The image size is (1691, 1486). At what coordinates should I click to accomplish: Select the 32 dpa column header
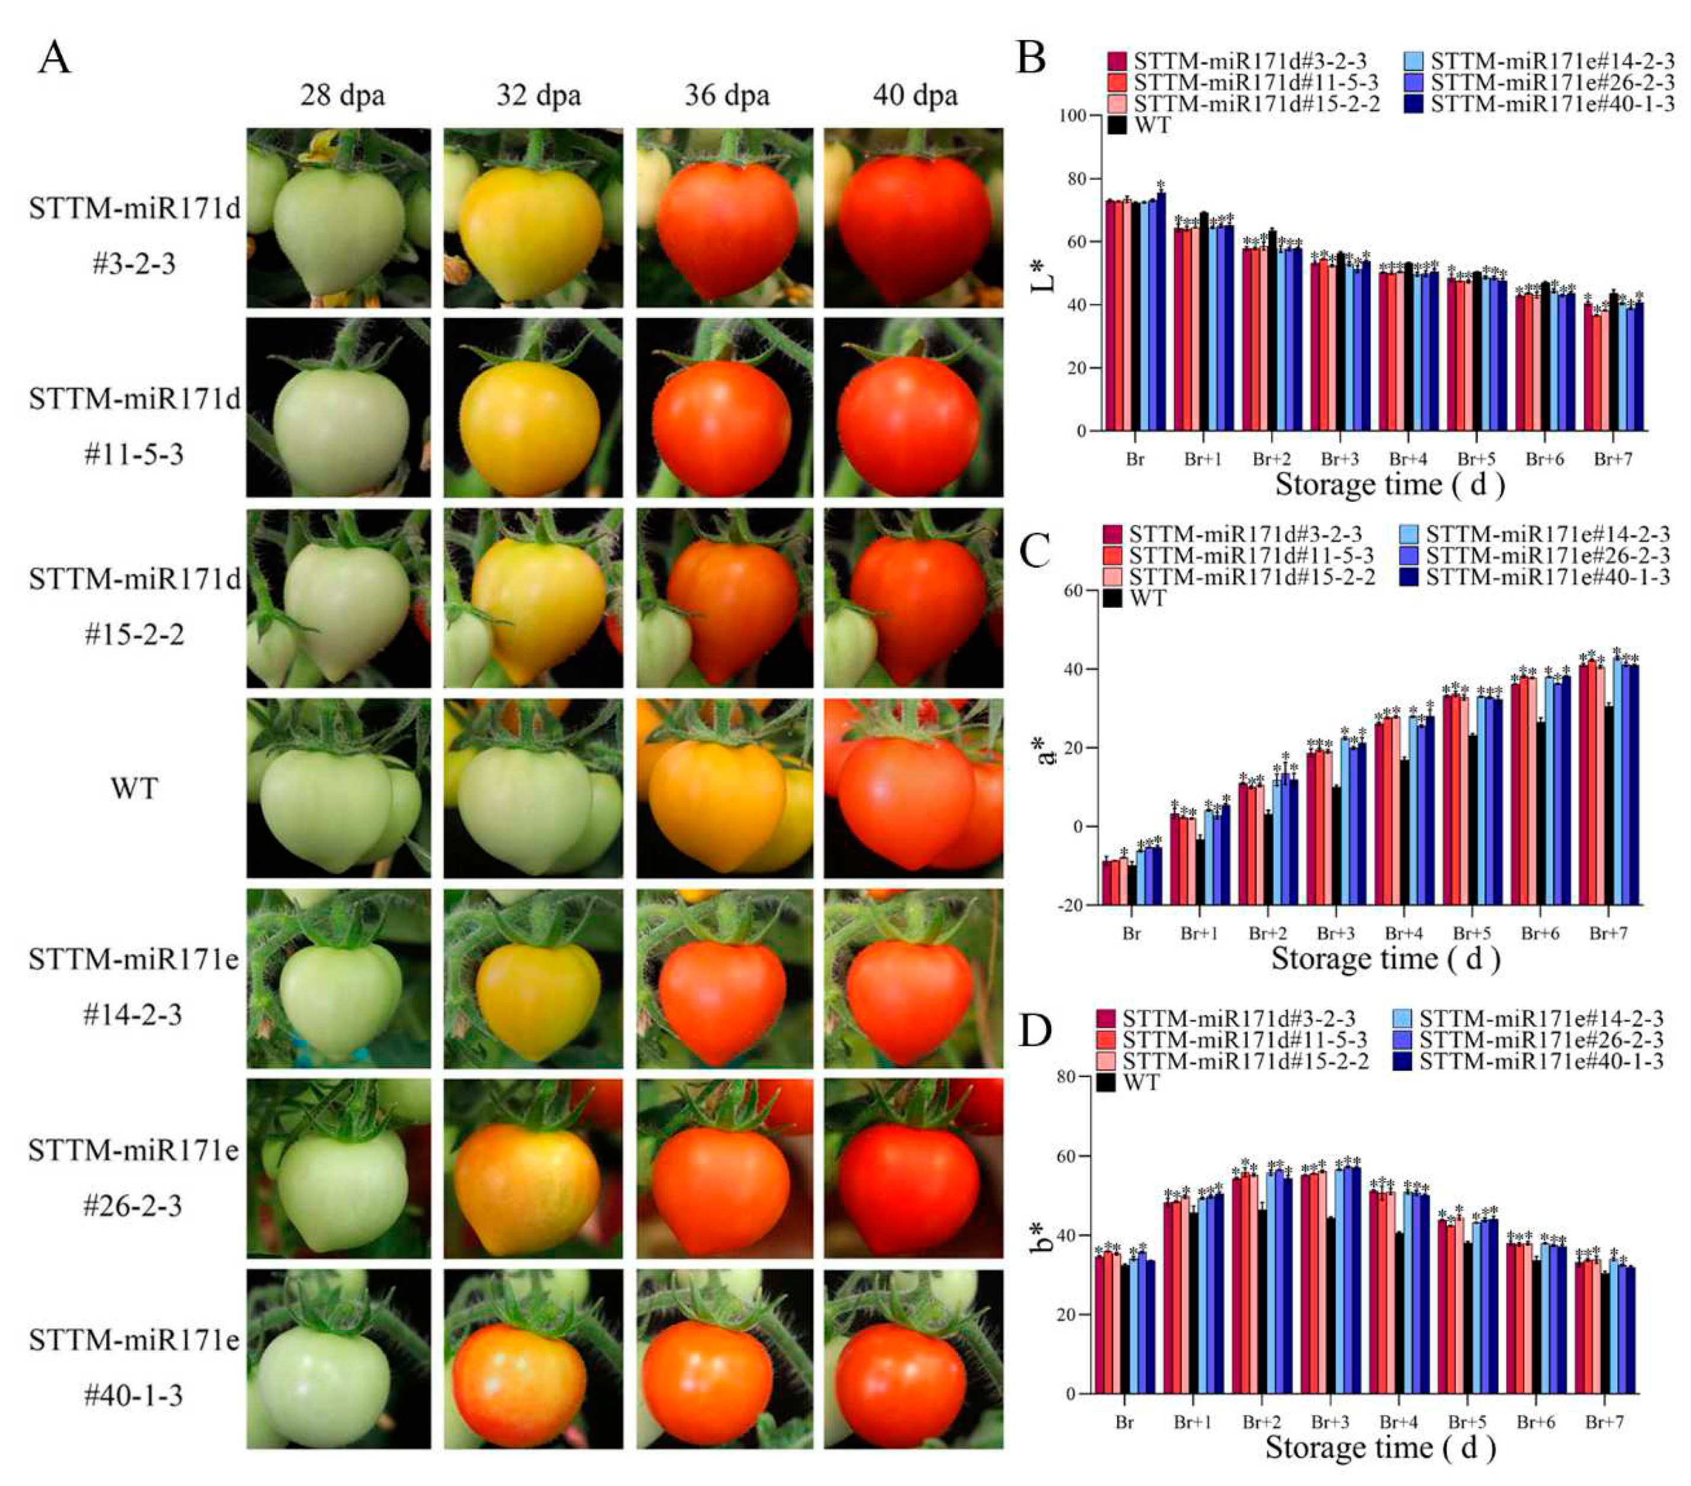539,96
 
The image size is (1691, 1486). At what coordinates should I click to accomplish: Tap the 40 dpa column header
915,96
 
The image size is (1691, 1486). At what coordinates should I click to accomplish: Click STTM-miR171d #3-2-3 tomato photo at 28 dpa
338,218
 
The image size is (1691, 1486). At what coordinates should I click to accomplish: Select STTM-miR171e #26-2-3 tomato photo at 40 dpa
913,1169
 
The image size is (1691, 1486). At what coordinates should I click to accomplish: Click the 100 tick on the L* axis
1072,116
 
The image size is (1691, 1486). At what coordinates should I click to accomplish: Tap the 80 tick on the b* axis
1066,1077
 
